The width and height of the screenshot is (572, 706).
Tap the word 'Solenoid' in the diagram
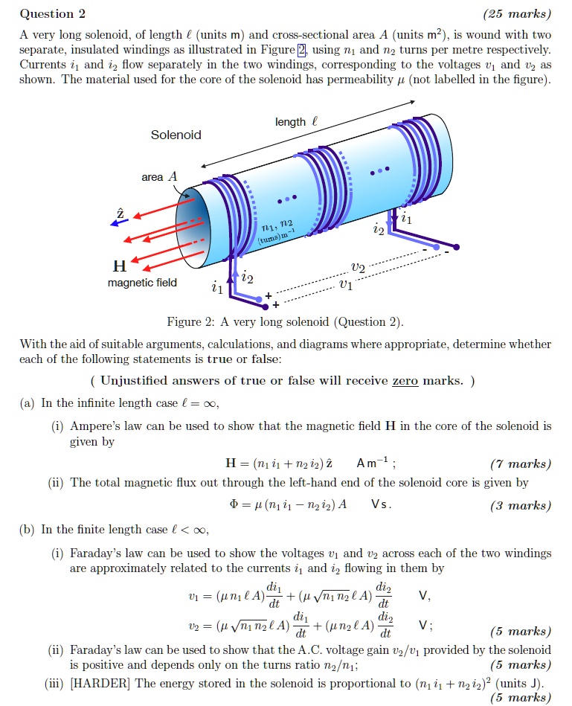click(176, 135)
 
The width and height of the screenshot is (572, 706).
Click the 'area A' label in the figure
click(159, 177)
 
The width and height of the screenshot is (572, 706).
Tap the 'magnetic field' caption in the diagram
click(143, 283)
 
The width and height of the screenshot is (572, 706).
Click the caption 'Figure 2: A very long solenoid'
click(285, 321)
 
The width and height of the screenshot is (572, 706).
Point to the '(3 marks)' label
click(521, 505)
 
